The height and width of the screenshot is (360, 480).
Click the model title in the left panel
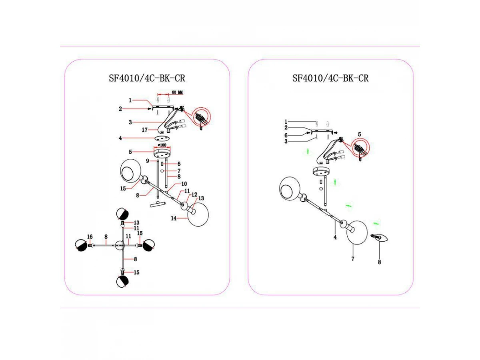pyautogui.click(x=147, y=78)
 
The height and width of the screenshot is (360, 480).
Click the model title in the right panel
pyautogui.click(x=330, y=78)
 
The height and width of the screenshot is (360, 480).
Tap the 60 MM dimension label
pyautogui.click(x=177, y=92)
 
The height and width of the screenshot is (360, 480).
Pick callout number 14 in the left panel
pyautogui.click(x=174, y=218)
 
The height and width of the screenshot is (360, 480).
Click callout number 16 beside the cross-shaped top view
pyautogui.click(x=90, y=237)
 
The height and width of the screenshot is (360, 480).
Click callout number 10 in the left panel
pyautogui.click(x=184, y=184)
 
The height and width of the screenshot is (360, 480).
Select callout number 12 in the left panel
pyautogui.click(x=194, y=194)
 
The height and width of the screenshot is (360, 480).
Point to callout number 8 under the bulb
pyautogui.click(x=379, y=262)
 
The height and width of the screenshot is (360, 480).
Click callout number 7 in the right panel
pyautogui.click(x=353, y=259)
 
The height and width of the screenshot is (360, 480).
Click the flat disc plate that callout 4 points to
pyautogui.click(x=162, y=138)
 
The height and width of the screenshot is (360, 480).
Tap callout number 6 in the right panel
pyautogui.click(x=286, y=135)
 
